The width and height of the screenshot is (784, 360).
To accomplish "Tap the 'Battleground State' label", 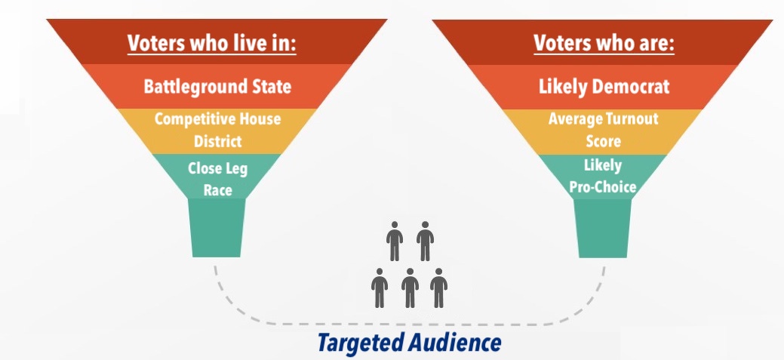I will coord(217,86).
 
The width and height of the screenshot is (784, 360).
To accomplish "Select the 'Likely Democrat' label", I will coord(604,87).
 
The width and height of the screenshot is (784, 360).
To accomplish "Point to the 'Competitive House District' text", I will coord(217,130).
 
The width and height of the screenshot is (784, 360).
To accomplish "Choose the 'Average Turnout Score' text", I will coord(603,130).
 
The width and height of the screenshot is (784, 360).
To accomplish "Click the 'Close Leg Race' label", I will coord(217,180).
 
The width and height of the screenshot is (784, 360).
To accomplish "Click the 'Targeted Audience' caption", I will coord(409,343).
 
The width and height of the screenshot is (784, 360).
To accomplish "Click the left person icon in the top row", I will coord(395,242).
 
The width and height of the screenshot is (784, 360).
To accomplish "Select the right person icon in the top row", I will coord(425,242).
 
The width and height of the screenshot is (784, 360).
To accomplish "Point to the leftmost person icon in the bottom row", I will coord(380,288).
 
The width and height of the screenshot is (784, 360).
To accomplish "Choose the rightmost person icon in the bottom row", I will coord(438,288).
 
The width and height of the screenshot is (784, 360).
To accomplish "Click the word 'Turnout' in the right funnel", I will coord(630,119).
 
